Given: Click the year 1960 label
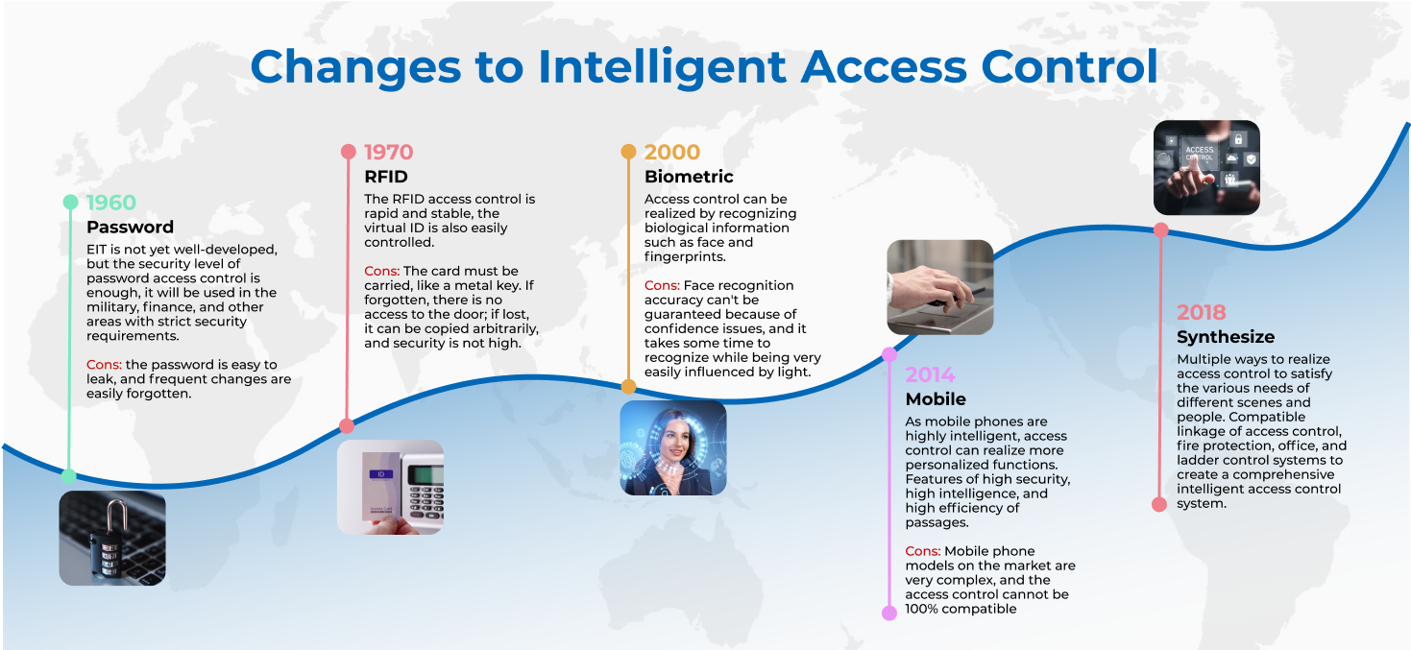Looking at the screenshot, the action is tap(110, 203).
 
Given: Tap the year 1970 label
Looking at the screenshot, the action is tap(389, 152).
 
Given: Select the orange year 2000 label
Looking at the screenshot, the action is tap(672, 152).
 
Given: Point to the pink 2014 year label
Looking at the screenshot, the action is tap(931, 374).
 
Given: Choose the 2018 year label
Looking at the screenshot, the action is tap(1202, 312).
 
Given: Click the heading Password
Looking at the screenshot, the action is tap(130, 227).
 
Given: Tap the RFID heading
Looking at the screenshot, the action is tap(386, 177).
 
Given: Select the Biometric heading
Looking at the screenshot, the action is tap(689, 177).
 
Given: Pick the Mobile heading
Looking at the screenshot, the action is tap(936, 399).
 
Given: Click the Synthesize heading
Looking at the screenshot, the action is tap(1226, 337).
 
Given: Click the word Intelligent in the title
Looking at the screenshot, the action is tap(662, 67).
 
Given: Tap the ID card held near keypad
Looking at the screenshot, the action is tap(381, 486).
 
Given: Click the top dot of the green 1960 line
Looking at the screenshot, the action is tap(70, 203).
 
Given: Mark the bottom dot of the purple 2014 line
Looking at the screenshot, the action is tap(889, 613).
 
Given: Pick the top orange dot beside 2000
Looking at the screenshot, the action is tap(628, 152).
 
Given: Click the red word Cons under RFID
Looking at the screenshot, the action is tap(381, 271).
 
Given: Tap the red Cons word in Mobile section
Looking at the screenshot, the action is tap(923, 551).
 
